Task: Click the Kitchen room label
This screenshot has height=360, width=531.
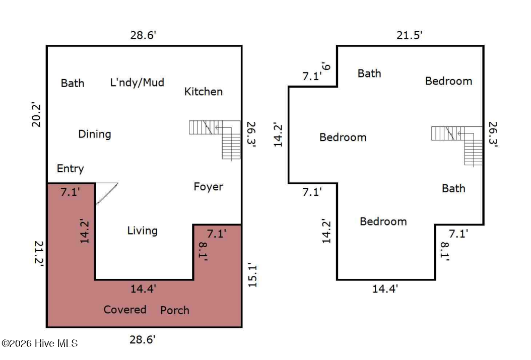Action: click(x=203, y=91)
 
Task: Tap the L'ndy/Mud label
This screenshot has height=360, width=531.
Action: click(x=137, y=82)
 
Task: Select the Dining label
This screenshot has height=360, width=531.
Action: click(x=95, y=134)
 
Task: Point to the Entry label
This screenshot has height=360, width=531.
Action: click(x=70, y=169)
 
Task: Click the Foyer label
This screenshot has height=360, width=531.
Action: click(x=208, y=187)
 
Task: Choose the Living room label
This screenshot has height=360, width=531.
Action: click(x=142, y=231)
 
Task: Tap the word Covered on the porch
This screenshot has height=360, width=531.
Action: click(x=124, y=310)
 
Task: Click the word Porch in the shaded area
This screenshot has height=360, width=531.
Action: click(x=175, y=310)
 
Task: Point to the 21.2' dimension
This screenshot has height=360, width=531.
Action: click(x=39, y=253)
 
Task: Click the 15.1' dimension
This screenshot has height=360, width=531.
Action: click(x=252, y=275)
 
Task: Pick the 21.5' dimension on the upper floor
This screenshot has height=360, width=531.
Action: click(x=410, y=35)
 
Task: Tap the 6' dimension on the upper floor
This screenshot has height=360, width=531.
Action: click(x=326, y=65)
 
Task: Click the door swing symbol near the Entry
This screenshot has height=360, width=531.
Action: click(x=107, y=193)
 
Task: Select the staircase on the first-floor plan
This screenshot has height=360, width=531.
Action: click(x=215, y=140)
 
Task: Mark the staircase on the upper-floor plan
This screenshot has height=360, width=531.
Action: click(x=457, y=146)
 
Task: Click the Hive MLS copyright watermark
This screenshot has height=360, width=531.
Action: click(x=40, y=343)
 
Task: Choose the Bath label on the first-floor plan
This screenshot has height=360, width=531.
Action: click(x=73, y=83)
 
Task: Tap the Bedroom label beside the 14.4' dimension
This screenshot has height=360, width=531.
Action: click(x=383, y=222)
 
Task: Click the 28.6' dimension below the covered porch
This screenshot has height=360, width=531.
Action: click(x=142, y=339)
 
